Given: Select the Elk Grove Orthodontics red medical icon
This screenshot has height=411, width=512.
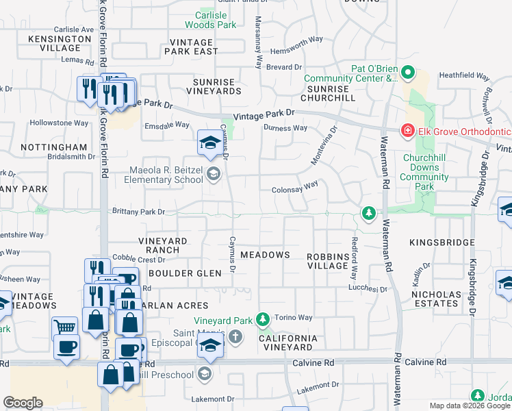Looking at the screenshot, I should click(x=407, y=130).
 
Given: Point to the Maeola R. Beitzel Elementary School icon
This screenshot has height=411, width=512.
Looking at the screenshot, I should click(x=214, y=175).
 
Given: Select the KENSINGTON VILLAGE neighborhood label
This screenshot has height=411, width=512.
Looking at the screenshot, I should click(x=60, y=43).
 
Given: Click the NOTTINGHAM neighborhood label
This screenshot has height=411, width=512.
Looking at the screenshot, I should click(x=54, y=147).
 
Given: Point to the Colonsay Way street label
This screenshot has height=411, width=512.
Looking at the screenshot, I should click(x=295, y=185).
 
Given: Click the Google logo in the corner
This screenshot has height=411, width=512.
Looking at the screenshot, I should click(x=23, y=403).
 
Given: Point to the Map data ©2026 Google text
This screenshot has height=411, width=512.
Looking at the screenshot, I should click(x=469, y=406).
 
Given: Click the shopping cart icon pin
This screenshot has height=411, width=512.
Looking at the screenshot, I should click(x=66, y=327).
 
